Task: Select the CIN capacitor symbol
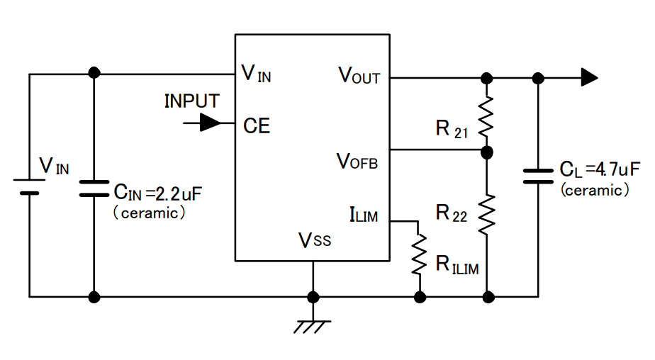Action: tap(94, 187)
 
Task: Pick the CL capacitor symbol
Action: tap(537, 176)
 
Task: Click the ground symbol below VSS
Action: tap(313, 326)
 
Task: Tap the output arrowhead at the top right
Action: tap(589, 77)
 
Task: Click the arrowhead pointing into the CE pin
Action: tap(210, 123)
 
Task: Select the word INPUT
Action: tap(191, 101)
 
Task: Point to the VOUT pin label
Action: tap(359, 76)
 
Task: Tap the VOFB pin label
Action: tap(357, 162)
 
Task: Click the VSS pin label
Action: tap(314, 240)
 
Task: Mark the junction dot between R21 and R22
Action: tap(486, 152)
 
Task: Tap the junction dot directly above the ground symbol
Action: tap(313, 296)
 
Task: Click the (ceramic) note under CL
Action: tap(594, 190)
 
